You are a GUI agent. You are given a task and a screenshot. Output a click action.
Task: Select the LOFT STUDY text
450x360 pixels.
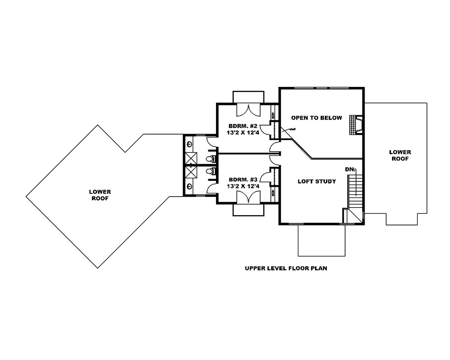(x=317, y=182)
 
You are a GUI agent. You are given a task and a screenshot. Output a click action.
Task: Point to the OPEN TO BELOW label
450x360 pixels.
(x=316, y=118)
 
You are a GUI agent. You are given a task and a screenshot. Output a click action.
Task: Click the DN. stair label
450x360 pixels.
(x=350, y=169)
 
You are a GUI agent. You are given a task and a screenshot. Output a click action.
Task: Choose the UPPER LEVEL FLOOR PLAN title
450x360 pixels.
(x=286, y=269)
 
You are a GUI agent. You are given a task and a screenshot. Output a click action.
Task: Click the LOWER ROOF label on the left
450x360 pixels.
(x=100, y=195)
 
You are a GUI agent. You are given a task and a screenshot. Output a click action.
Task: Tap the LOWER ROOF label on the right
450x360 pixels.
(x=400, y=155)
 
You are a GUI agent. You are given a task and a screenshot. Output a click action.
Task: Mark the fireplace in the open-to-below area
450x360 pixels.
(x=357, y=126)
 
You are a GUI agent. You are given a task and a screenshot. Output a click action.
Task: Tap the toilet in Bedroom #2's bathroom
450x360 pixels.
(x=209, y=159)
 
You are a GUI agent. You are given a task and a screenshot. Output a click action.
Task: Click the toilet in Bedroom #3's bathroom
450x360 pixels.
(x=209, y=171)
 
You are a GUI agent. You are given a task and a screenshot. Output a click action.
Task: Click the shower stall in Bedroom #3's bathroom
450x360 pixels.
(x=191, y=173)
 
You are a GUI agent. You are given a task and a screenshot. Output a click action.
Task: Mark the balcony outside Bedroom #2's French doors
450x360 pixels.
(x=248, y=97)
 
